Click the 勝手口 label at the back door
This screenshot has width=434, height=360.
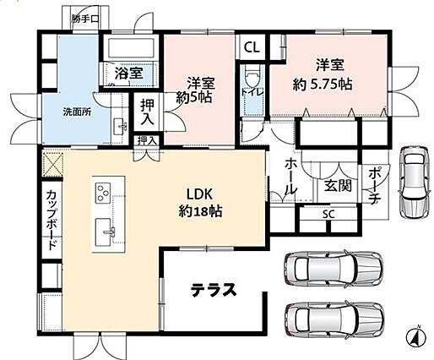[x=84, y=19]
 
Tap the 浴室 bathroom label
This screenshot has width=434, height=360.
[x=129, y=74]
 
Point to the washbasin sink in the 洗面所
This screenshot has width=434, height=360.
[x=121, y=127]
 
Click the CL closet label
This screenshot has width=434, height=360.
[x=252, y=47]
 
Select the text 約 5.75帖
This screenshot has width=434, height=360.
[x=323, y=85]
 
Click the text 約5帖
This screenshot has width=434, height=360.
[x=194, y=97]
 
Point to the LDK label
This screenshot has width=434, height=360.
[x=199, y=194]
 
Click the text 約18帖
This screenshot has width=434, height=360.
[x=200, y=210]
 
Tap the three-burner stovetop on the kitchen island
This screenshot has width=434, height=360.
[x=103, y=193]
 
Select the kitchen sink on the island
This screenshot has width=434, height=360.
[x=103, y=232]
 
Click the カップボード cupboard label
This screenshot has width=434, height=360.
[x=52, y=221]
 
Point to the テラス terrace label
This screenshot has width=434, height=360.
[x=214, y=290]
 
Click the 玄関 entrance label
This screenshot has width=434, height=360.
[x=339, y=186]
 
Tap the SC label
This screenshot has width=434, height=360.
[x=328, y=215]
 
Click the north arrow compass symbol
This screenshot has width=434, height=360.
[x=416, y=335]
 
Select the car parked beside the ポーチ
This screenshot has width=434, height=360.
[x=415, y=182]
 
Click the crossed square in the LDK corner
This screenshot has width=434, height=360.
[x=52, y=163]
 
